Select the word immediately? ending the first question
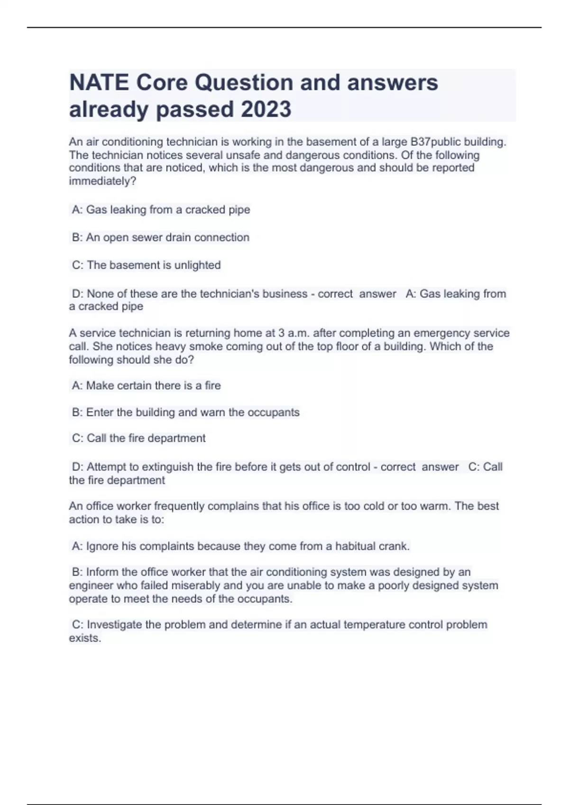(x=102, y=181)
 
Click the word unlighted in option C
(x=197, y=265)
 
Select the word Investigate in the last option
(x=114, y=625)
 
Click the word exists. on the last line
(x=85, y=638)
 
